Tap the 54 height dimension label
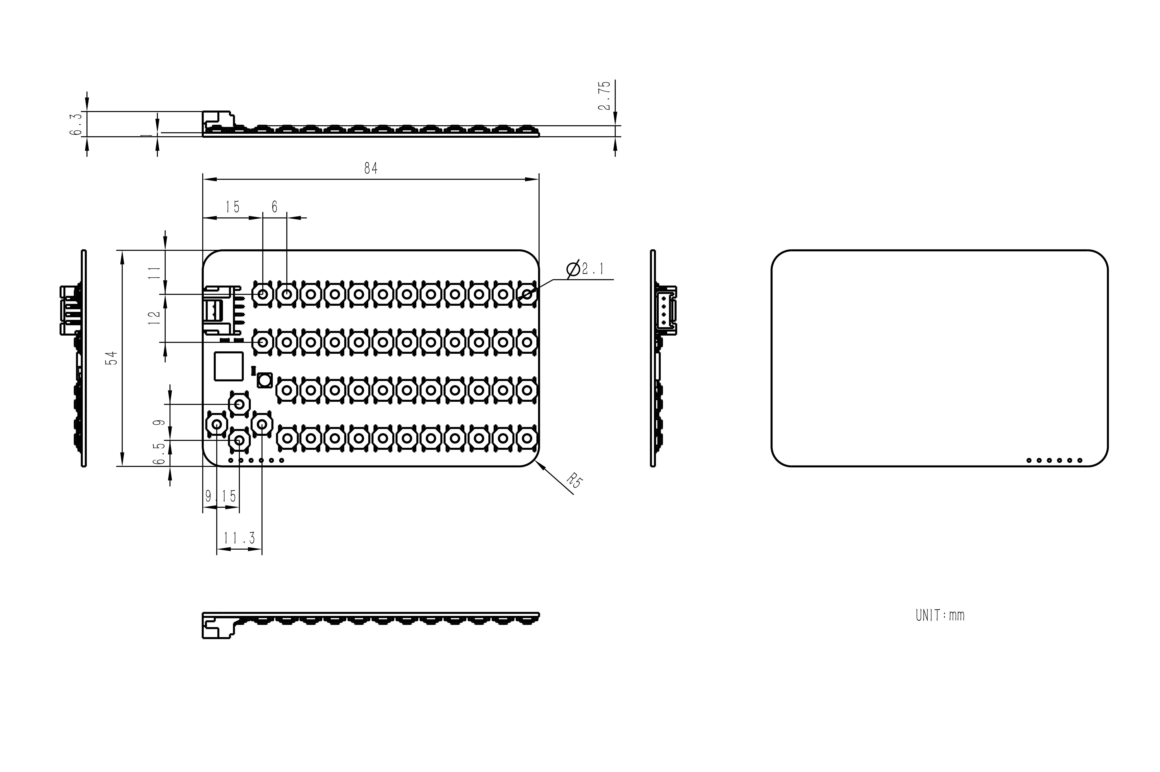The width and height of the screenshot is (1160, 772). click(113, 358)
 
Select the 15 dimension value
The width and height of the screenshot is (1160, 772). click(232, 207)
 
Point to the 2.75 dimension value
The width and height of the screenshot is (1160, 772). click(604, 96)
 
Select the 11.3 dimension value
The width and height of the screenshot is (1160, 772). click(239, 538)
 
